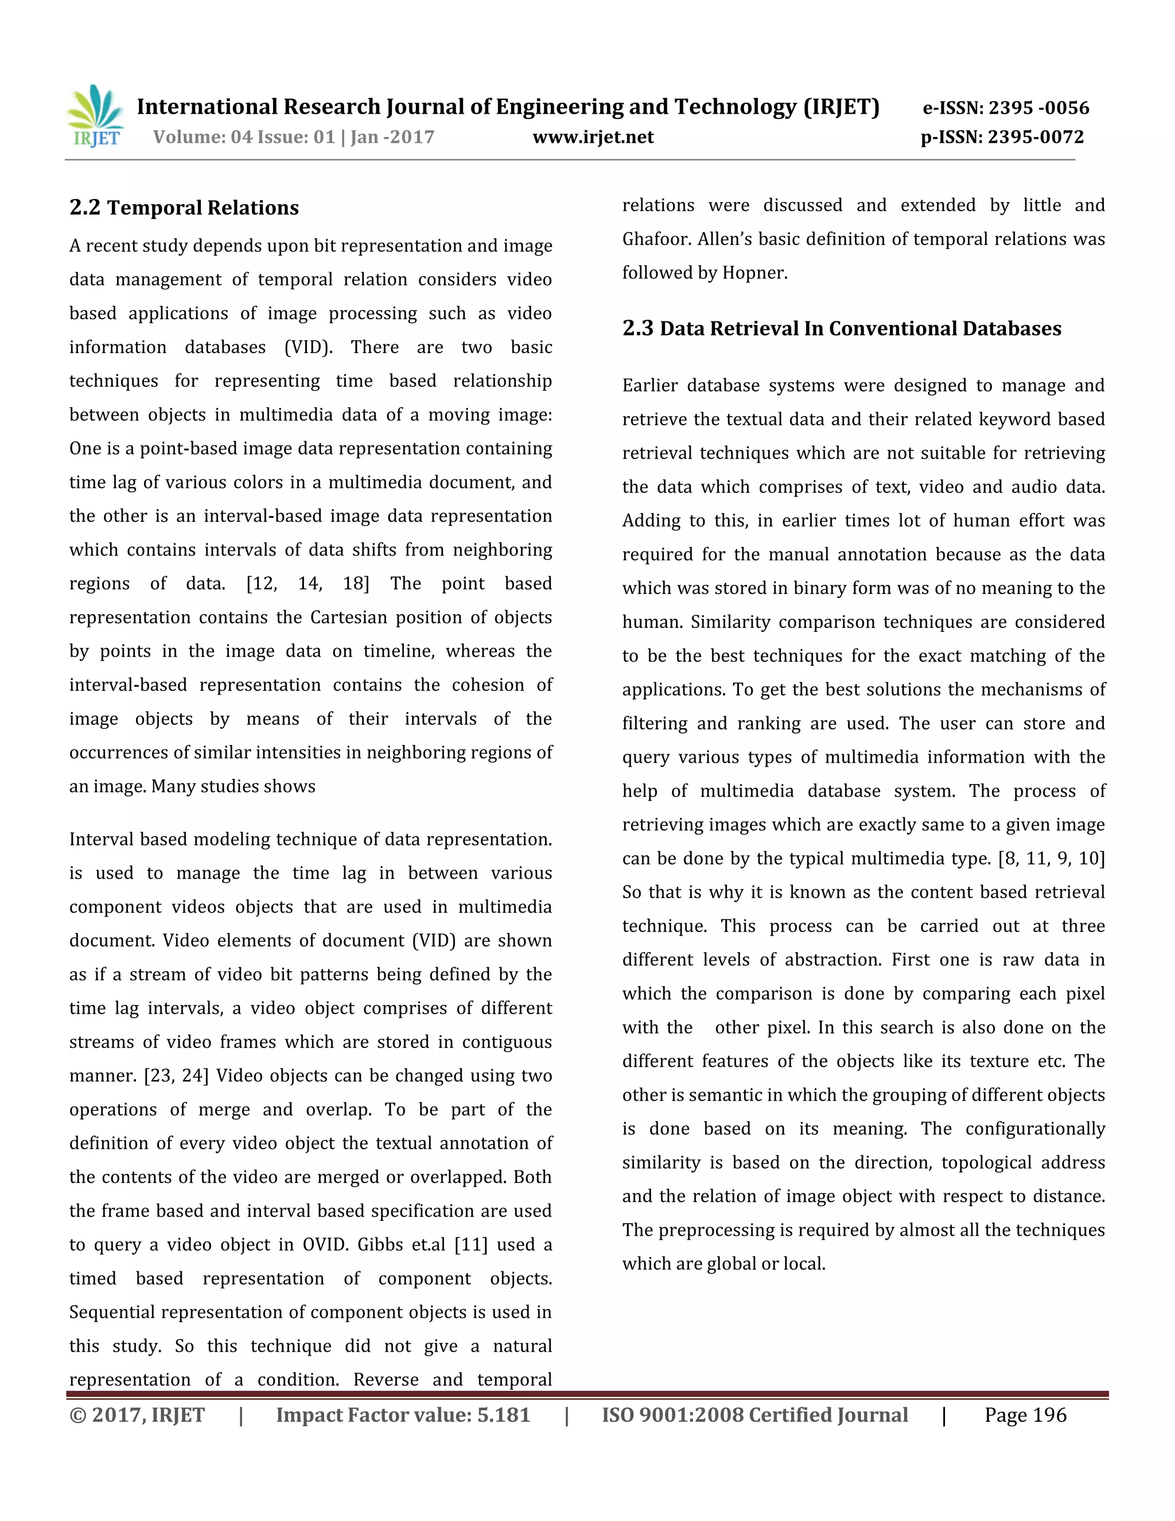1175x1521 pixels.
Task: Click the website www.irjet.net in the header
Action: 593,137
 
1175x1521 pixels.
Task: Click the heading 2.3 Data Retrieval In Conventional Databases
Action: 842,329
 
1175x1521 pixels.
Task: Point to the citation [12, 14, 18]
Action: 308,584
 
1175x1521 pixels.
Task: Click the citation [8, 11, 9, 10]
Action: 1051,859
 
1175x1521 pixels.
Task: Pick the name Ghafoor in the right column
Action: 653,239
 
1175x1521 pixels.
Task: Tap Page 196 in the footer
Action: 1025,1416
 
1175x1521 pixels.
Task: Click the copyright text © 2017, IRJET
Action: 137,1416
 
